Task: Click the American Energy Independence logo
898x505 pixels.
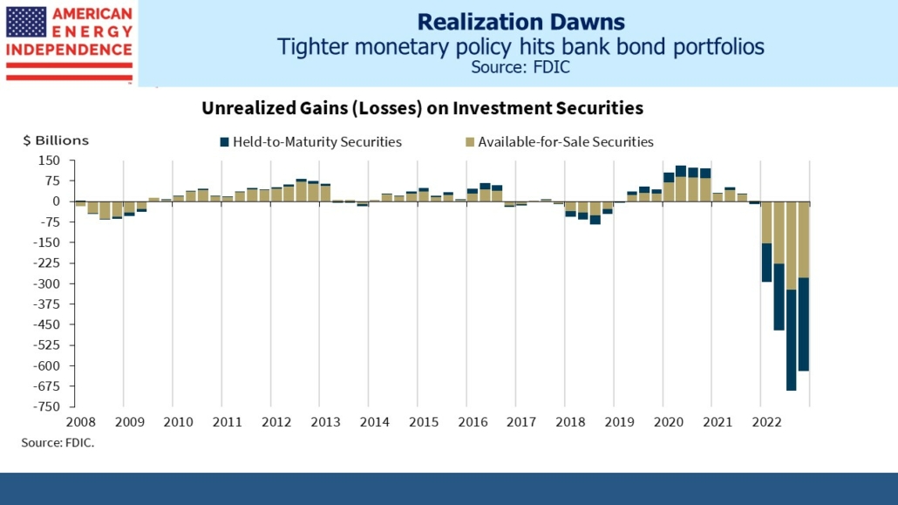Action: pyautogui.click(x=68, y=41)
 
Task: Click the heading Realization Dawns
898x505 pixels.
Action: pyautogui.click(x=520, y=21)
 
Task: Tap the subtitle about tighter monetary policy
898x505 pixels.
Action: pyautogui.click(x=520, y=46)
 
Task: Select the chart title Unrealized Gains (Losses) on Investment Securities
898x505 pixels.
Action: pyautogui.click(x=423, y=108)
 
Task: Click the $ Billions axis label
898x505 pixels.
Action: pyautogui.click(x=56, y=140)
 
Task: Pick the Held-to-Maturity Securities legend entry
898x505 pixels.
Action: pyautogui.click(x=310, y=142)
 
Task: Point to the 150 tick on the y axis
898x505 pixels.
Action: pyautogui.click(x=49, y=160)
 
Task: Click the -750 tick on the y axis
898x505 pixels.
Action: pyautogui.click(x=47, y=406)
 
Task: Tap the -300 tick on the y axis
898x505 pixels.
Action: pyautogui.click(x=47, y=283)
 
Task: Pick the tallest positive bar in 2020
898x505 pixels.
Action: pyautogui.click(x=681, y=183)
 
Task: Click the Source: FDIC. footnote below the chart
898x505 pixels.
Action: pyautogui.click(x=58, y=443)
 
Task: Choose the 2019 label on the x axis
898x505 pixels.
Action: pyautogui.click(x=619, y=422)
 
